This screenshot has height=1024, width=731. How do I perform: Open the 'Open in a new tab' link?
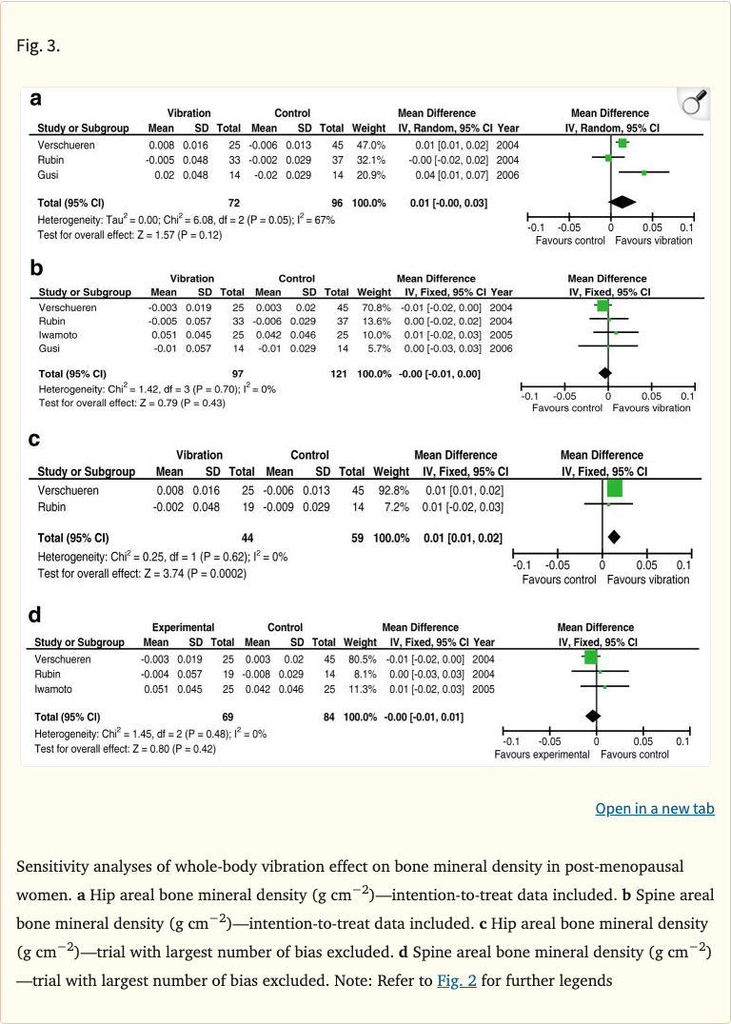coord(654,808)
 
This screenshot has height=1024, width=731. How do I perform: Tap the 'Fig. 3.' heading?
coord(39,46)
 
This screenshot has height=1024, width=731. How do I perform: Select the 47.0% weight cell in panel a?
coord(371,144)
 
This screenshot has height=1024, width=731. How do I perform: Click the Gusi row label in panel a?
coord(49,176)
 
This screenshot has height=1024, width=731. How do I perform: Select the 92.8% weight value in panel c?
coord(391,490)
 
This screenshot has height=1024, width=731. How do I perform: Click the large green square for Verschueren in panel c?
coord(614,489)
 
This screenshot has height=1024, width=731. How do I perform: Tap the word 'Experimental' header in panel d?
coord(184,628)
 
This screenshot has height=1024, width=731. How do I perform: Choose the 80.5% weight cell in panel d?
coord(360,659)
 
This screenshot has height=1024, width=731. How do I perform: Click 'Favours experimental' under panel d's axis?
coord(542,755)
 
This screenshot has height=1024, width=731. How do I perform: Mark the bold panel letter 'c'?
coord(34,439)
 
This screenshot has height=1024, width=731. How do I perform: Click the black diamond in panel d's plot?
coord(593,715)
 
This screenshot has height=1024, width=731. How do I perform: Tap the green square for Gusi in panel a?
coord(643,172)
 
